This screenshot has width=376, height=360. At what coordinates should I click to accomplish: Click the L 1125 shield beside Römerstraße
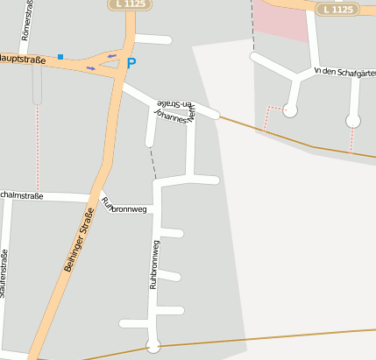click(130, 4)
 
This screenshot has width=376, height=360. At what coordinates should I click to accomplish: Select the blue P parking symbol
click(131, 63)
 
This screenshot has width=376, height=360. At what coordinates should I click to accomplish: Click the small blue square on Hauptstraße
click(60, 57)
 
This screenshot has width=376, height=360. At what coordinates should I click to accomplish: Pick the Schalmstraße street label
click(22, 195)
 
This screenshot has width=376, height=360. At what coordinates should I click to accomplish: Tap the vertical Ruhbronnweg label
click(153, 264)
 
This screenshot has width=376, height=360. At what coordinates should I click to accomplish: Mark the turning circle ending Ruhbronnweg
click(153, 345)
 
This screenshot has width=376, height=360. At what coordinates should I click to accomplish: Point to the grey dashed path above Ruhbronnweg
click(152, 162)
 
